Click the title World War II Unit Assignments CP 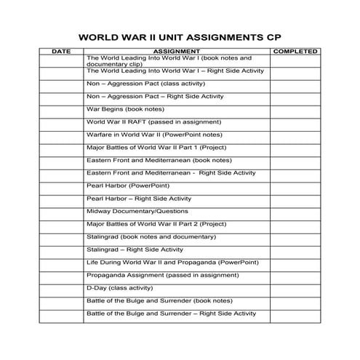pyautogui.click(x=179, y=36)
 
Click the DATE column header pyautogui.click(x=62, y=52)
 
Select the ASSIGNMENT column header pyautogui.click(x=177, y=52)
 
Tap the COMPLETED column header pyautogui.click(x=295, y=52)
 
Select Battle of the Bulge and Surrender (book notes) pyautogui.click(x=159, y=300)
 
